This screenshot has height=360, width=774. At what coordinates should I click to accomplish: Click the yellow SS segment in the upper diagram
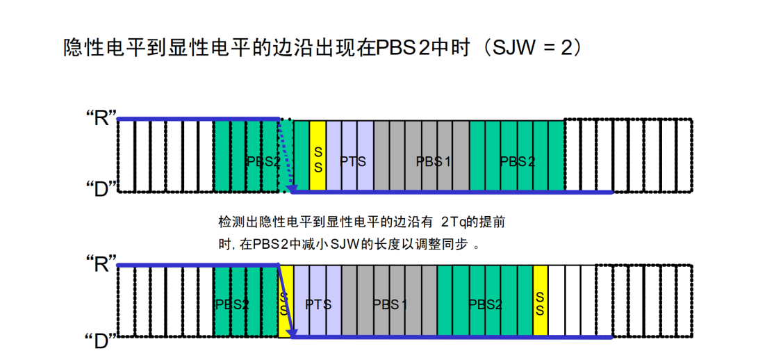(318, 156)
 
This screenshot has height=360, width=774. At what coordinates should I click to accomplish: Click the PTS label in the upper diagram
(352, 161)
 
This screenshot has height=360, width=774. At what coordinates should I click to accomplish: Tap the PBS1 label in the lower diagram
(390, 304)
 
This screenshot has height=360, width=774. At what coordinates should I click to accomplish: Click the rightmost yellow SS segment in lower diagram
(540, 302)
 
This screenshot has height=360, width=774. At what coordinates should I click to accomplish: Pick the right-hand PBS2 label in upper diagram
(518, 161)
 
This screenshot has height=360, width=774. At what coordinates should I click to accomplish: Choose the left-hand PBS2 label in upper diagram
(263, 161)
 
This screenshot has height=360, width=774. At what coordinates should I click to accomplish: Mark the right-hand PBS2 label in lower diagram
(485, 304)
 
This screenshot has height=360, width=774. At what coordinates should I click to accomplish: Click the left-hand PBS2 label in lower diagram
(231, 304)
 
